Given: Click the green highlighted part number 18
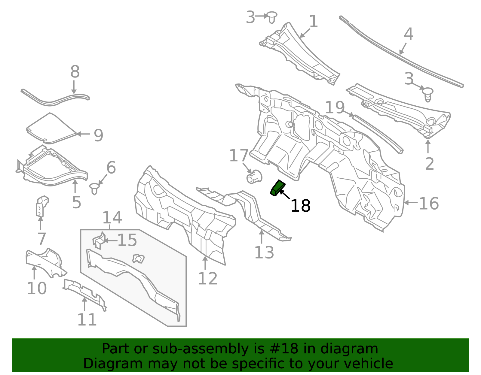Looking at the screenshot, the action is (x=277, y=188).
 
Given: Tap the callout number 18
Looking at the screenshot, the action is (x=300, y=206).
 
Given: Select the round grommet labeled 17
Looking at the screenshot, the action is (x=254, y=177).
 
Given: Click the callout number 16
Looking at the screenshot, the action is (x=429, y=204).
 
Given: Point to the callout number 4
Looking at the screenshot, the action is (x=408, y=34).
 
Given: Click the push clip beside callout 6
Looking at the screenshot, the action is (x=94, y=189).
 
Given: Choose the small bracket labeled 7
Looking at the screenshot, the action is (x=42, y=206).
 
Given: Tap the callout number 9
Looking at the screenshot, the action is (x=99, y=135).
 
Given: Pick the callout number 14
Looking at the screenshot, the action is (x=112, y=218).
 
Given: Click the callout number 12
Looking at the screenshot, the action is (x=208, y=278).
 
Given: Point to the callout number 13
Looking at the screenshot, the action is (x=264, y=253).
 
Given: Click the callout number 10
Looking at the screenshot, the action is (x=37, y=288).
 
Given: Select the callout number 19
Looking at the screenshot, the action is (x=335, y=107).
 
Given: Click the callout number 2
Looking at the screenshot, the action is (x=429, y=164).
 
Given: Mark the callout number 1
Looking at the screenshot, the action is (x=314, y=21).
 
